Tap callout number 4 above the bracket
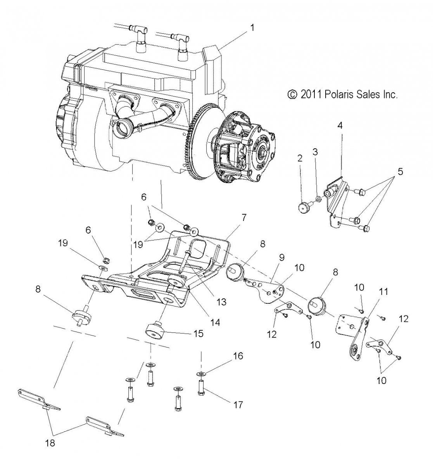(x=340, y=126)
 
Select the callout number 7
(x=244, y=218)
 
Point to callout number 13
(x=221, y=302)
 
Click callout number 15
(x=198, y=334)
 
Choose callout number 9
(x=282, y=258)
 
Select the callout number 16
(x=238, y=356)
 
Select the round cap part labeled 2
(x=304, y=208)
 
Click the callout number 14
(x=215, y=322)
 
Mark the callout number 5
(x=400, y=172)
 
